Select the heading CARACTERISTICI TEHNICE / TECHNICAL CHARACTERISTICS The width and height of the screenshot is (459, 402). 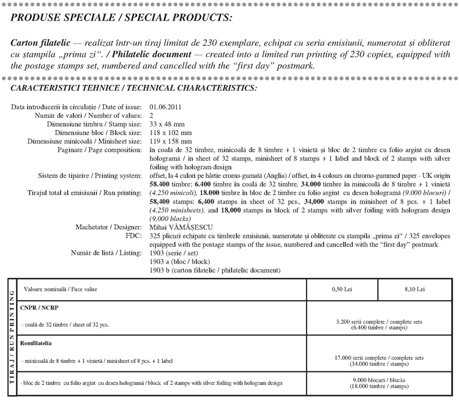[134, 88]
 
